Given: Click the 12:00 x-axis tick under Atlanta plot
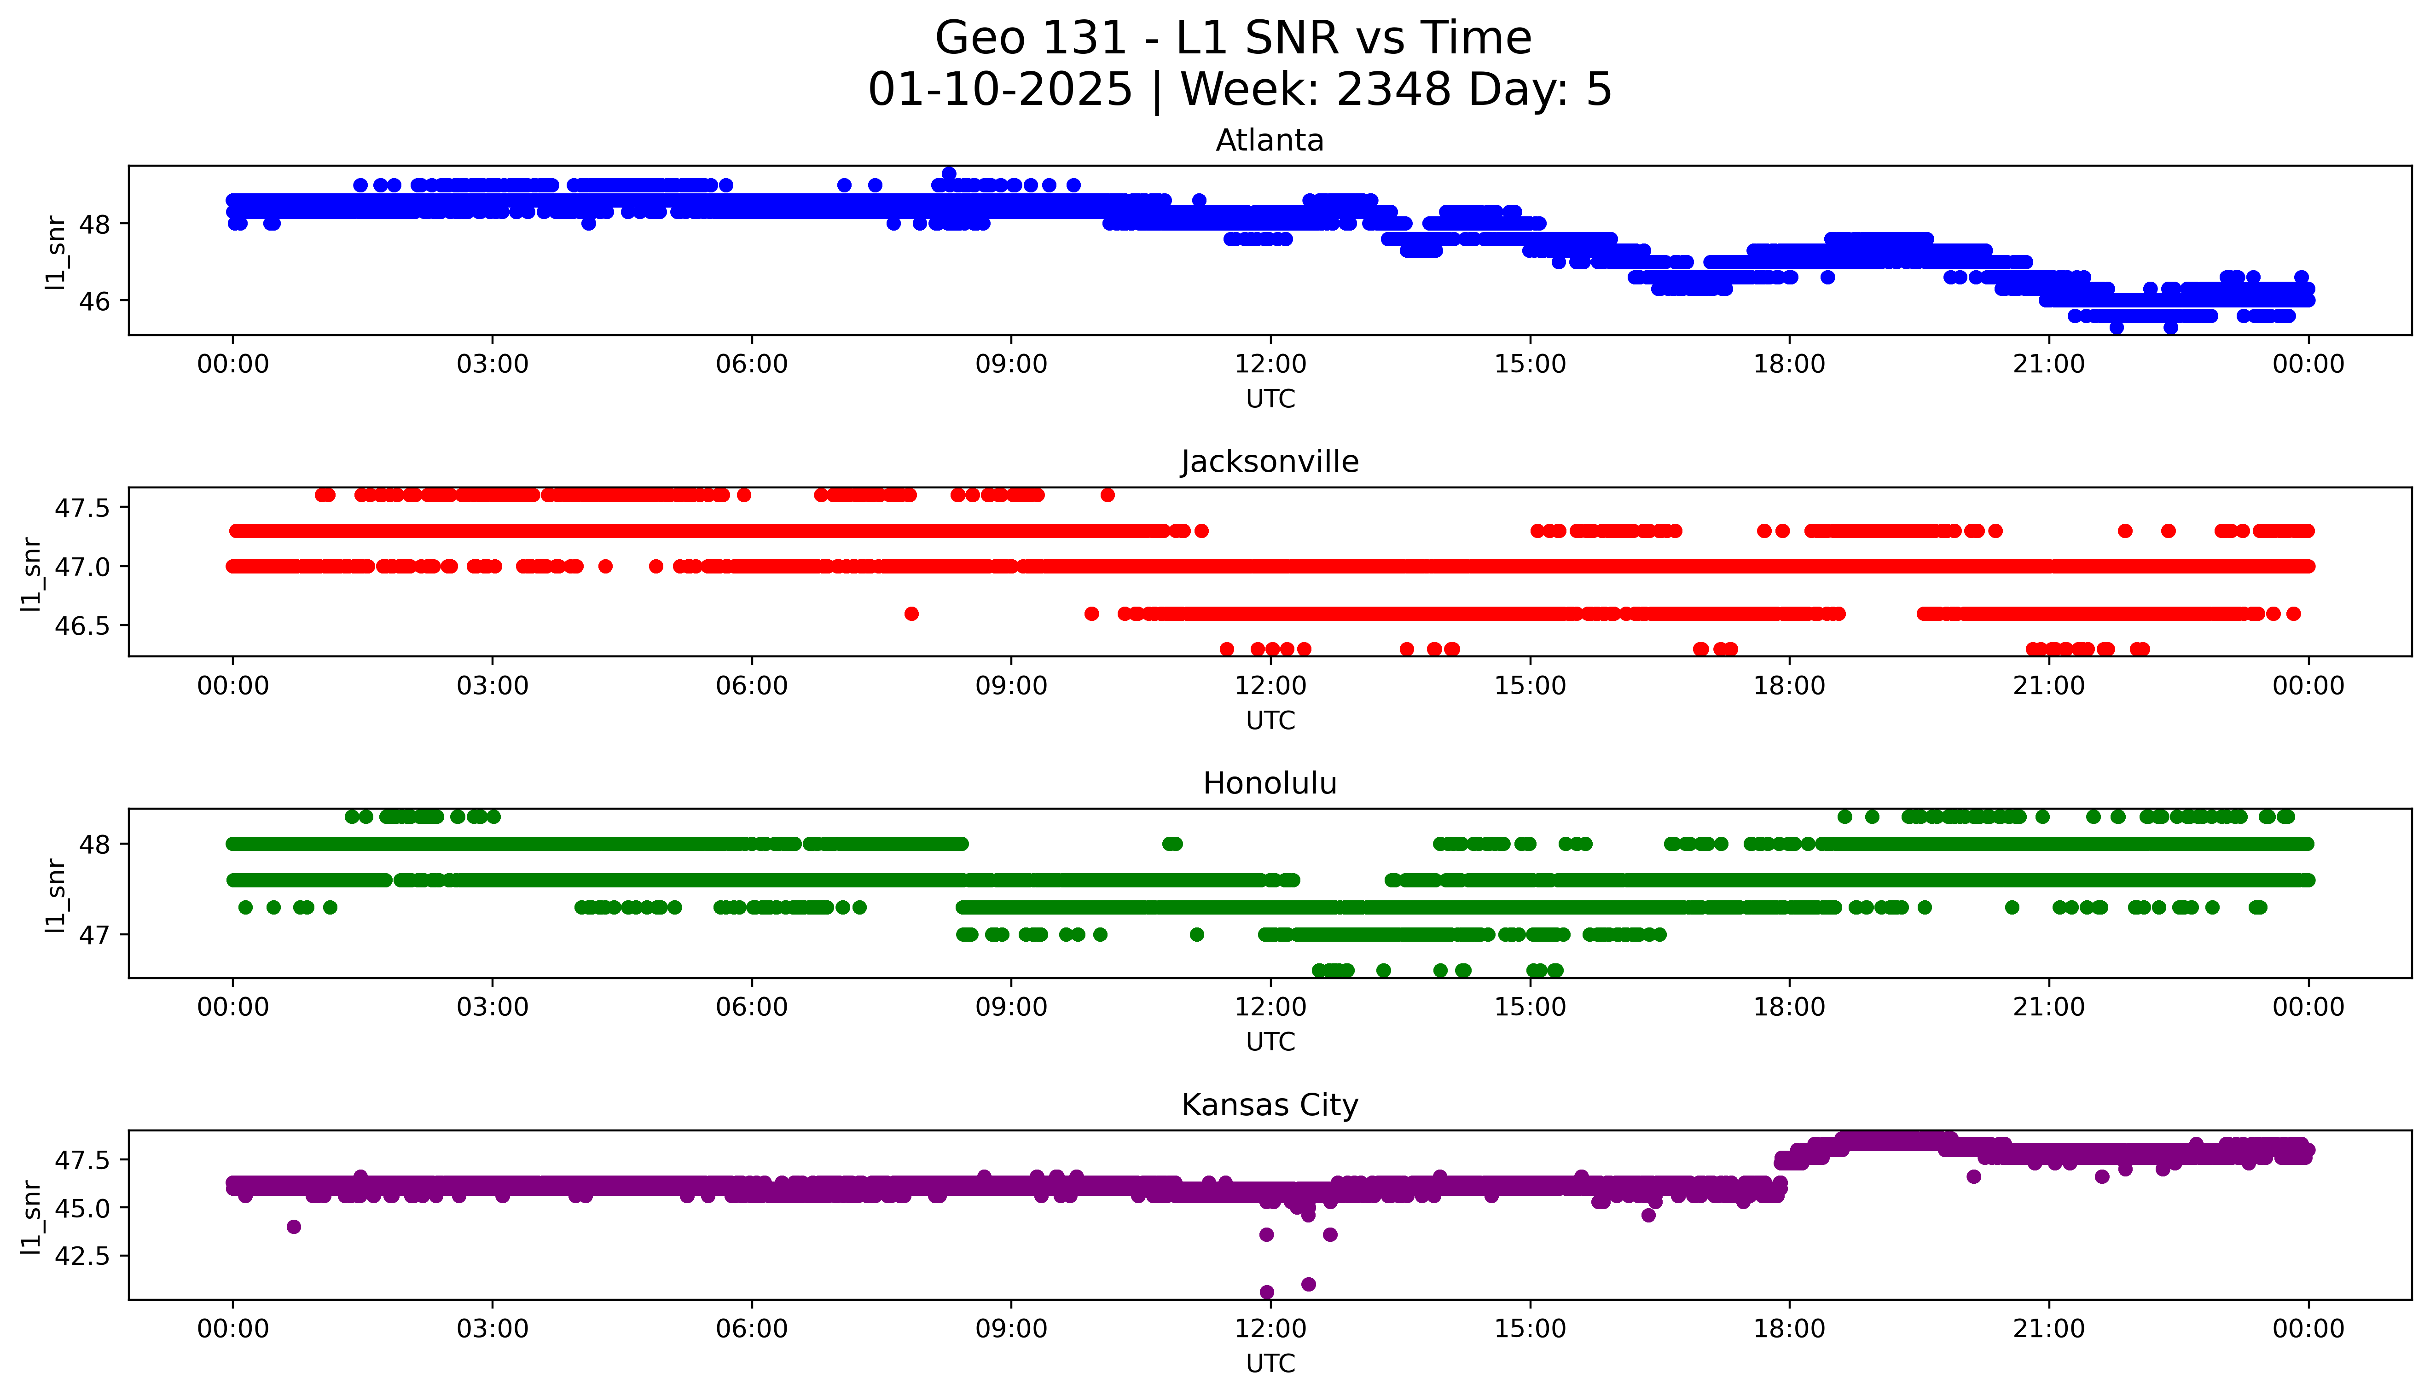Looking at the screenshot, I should tap(1270, 365).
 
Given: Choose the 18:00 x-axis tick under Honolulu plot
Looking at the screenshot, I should tap(1789, 1007).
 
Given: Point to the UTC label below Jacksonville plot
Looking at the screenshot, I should tap(1270, 720).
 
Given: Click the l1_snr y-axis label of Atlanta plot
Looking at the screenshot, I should tap(56, 251).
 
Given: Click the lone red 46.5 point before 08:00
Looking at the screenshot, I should tap(911, 614).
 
